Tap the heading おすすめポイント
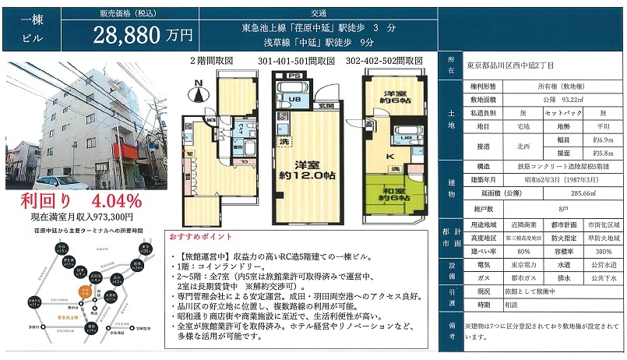click(199, 236)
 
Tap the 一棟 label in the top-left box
click(20, 19)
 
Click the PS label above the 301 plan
click(294, 76)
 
